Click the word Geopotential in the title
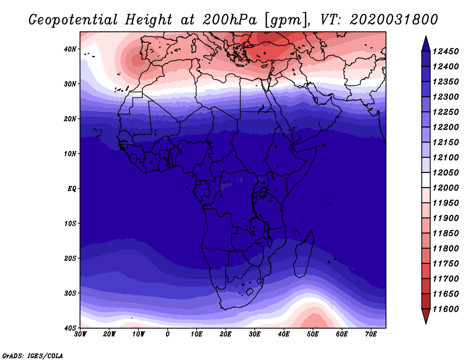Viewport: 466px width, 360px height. [x=69, y=19]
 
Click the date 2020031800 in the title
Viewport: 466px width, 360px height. [x=394, y=19]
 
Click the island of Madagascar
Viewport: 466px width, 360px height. [x=303, y=256]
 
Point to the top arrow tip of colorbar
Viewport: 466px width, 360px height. [x=425, y=38]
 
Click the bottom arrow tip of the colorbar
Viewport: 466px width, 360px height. [x=425, y=322]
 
